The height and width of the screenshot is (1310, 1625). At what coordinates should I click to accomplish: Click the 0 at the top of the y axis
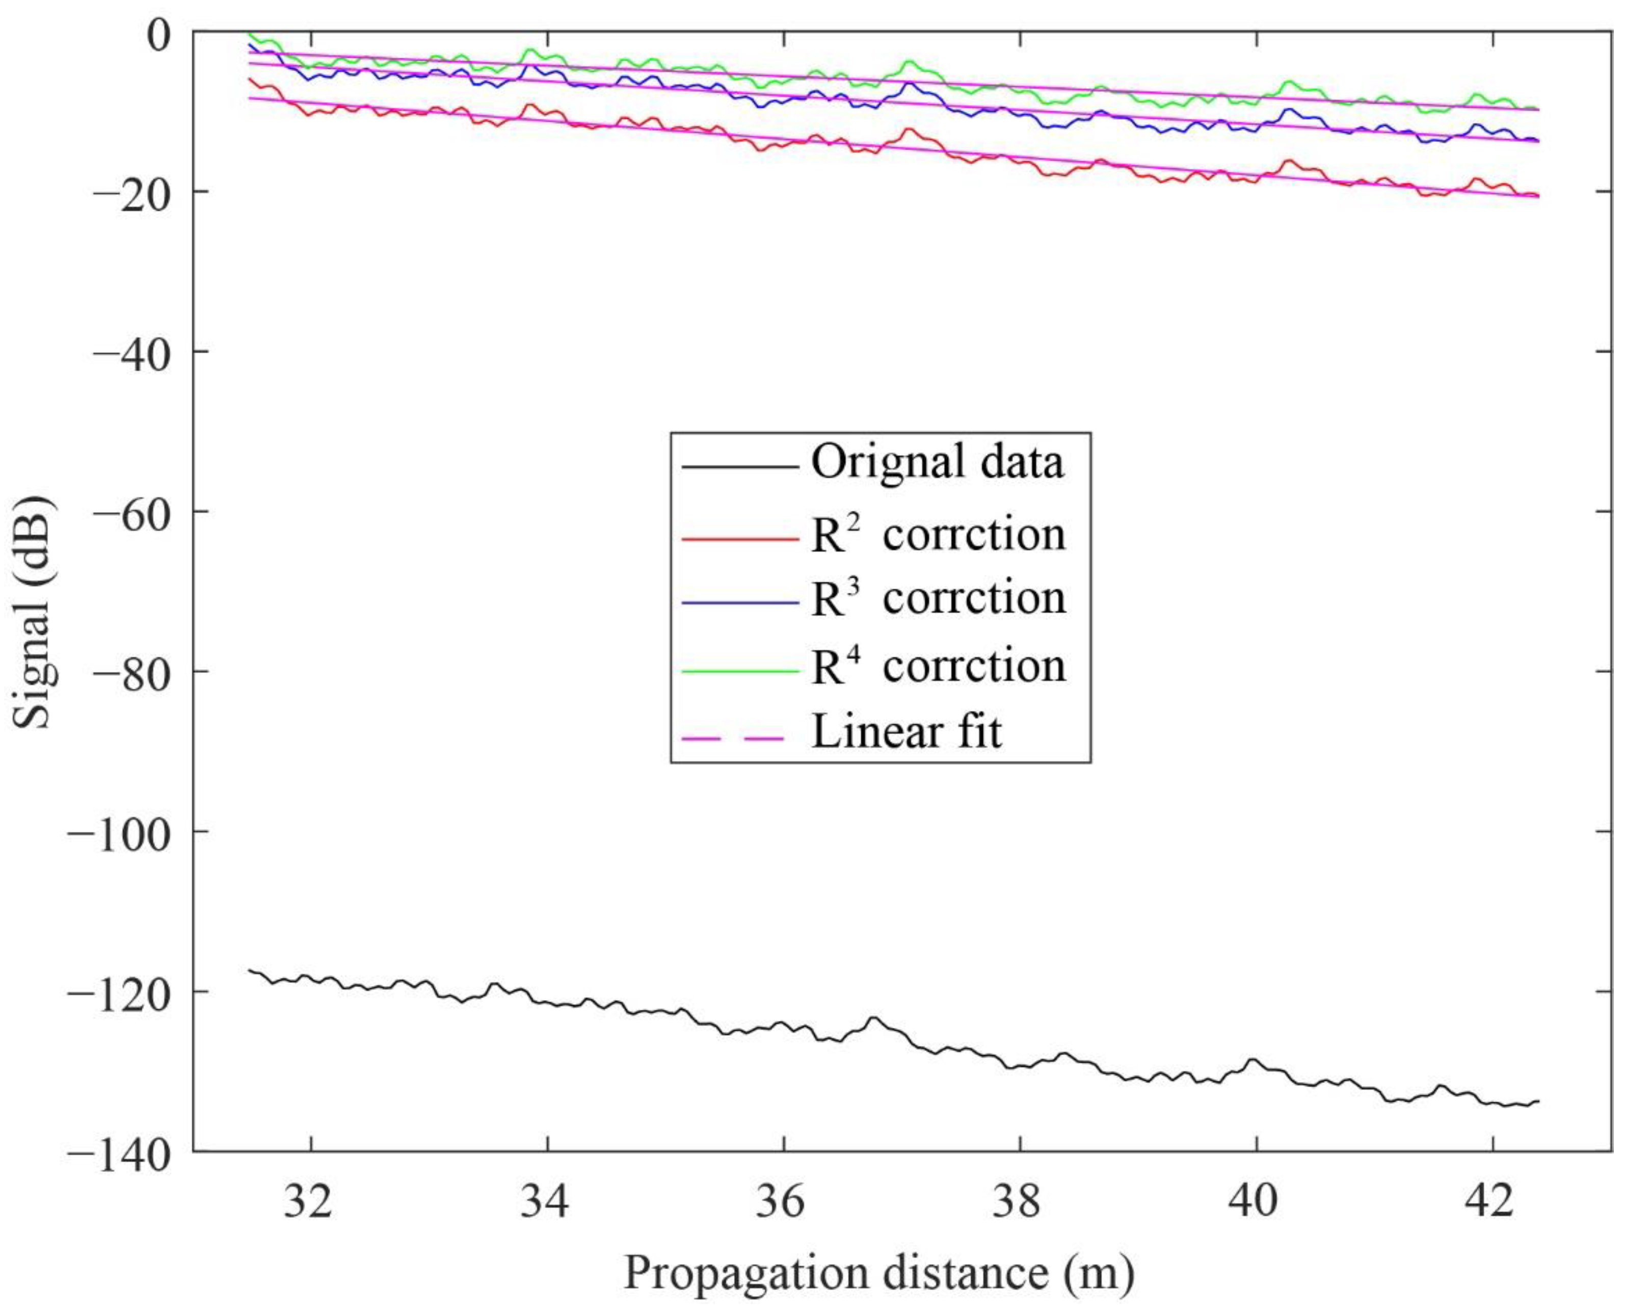158,36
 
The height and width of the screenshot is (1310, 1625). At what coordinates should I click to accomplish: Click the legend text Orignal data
937,462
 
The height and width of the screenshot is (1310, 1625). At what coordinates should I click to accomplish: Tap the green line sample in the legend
739,670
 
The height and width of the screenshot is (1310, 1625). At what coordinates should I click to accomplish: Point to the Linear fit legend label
907,732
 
